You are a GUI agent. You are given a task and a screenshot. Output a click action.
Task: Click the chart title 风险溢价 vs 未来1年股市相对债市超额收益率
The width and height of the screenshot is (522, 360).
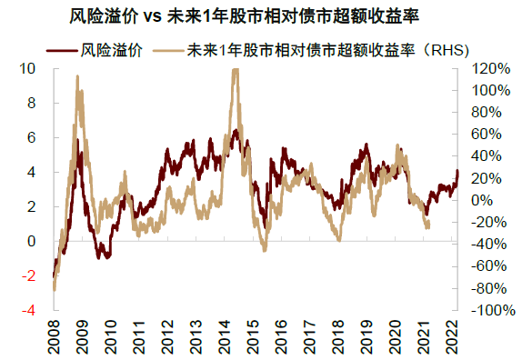261,17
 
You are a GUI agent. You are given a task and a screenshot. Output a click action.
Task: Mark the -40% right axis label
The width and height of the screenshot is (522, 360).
486,245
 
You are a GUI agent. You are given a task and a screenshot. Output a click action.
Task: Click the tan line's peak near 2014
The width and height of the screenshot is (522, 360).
236,71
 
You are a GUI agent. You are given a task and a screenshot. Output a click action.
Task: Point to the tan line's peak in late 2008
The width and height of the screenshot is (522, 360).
77,78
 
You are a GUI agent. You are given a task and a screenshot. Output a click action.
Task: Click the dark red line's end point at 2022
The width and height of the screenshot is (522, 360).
458,171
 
